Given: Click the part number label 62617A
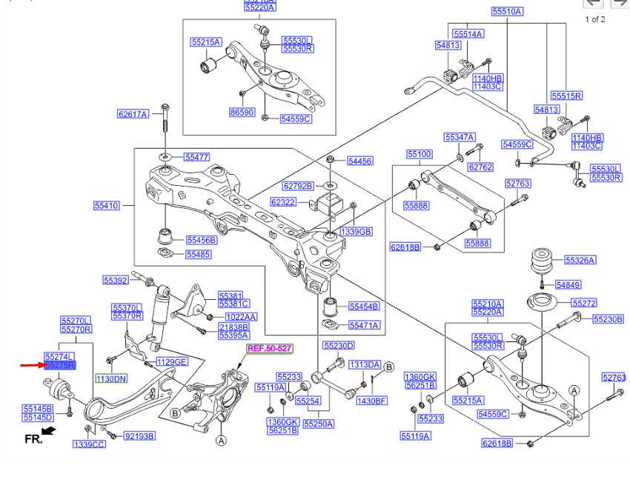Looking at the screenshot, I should [x=133, y=114].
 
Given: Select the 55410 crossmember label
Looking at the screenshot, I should [x=106, y=205].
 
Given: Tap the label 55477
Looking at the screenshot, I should [x=197, y=157].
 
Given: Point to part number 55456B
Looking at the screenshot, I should [x=201, y=240].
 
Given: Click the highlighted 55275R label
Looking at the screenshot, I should [x=60, y=365].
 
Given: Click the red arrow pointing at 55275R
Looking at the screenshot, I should [x=30, y=365].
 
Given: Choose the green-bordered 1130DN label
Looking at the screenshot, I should [x=111, y=379].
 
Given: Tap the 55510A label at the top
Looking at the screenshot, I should [x=507, y=12].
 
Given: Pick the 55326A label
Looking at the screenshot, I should [x=580, y=260].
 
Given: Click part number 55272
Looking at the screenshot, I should [x=584, y=304].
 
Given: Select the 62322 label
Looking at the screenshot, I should [x=283, y=201].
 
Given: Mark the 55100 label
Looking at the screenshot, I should [x=419, y=154].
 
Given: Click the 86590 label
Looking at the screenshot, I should [x=242, y=113].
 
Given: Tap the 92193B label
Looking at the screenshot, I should [x=139, y=436].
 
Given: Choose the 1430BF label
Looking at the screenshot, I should [x=371, y=401].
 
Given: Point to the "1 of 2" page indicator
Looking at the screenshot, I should [x=595, y=19].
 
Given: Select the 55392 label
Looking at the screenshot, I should [x=116, y=280].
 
